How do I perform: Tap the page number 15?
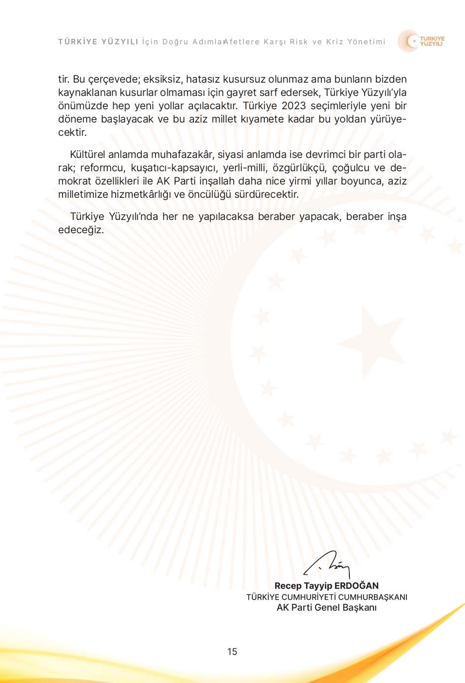[x=232, y=652]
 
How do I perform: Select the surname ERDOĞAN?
[x=356, y=586]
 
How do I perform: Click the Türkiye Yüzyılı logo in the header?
[x=421, y=41]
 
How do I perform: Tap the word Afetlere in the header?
[x=241, y=42]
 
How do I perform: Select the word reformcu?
[x=102, y=168]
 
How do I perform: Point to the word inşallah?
[x=217, y=181]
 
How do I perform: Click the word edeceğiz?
[x=81, y=230]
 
